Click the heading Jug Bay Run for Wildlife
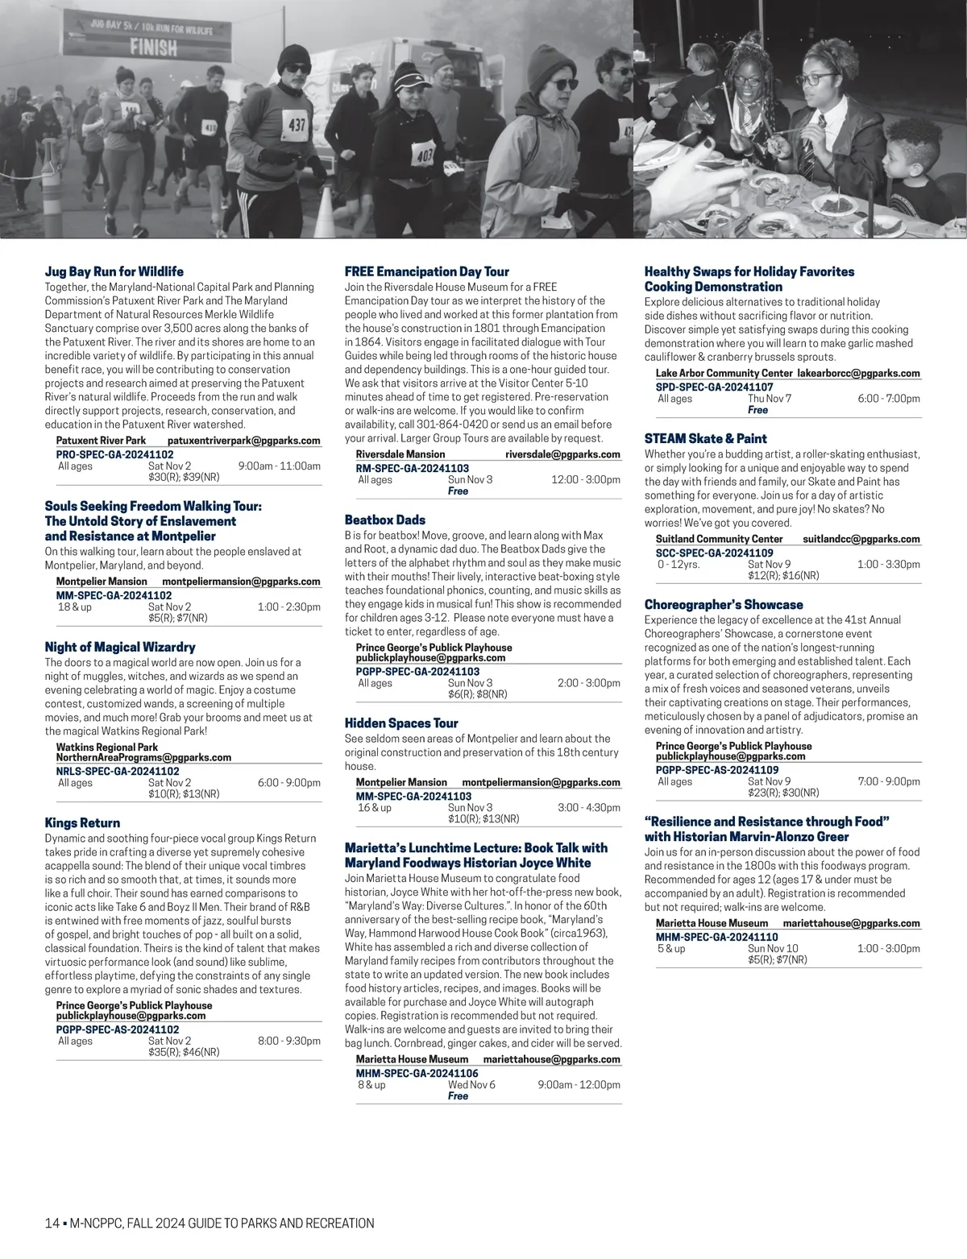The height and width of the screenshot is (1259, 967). (114, 271)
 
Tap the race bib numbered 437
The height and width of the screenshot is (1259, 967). (297, 125)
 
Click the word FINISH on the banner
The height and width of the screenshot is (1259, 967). (156, 47)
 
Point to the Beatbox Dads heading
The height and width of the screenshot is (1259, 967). (384, 520)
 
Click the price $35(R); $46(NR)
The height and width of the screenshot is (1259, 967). (184, 1052)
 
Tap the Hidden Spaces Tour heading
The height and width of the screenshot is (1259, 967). (401, 723)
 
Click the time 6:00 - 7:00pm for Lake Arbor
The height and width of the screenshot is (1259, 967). (889, 399)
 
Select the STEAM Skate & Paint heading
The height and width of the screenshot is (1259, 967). (705, 439)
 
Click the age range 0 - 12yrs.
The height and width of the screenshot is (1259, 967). (679, 565)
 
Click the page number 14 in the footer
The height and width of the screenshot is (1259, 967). (52, 1224)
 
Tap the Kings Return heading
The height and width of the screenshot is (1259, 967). (82, 823)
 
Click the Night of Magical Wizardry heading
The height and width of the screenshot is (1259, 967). (120, 647)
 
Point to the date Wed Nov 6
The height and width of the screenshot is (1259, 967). (471, 1085)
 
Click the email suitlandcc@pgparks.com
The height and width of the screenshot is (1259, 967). (861, 539)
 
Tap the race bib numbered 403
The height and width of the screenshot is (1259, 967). (424, 153)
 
